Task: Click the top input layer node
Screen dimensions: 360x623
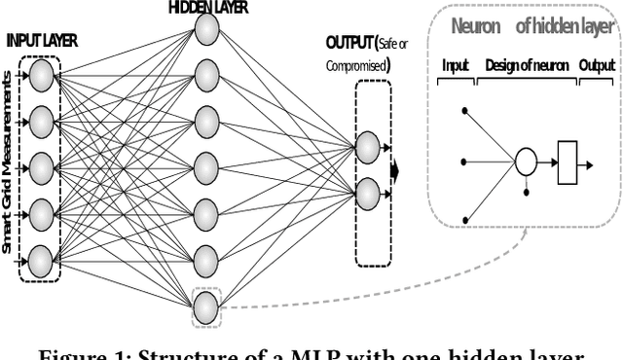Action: pyautogui.click(x=41, y=75)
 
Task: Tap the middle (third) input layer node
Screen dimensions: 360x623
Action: pyautogui.click(x=41, y=166)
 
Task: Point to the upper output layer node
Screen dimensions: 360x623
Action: pyautogui.click(x=367, y=147)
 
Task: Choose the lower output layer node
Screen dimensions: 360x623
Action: pyautogui.click(x=367, y=192)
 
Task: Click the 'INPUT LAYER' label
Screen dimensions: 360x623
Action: pyautogui.click(x=42, y=42)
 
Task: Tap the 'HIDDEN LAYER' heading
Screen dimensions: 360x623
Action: pyautogui.click(x=207, y=7)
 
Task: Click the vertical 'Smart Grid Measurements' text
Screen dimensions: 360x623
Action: pyautogui.click(x=9, y=166)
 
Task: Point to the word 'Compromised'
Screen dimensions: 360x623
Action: pyautogui.click(x=354, y=66)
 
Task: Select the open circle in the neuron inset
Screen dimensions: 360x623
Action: pyautogui.click(x=526, y=161)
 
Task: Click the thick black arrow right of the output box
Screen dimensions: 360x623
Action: pyautogui.click(x=394, y=171)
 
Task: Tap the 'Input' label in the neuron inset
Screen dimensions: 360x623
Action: pyautogui.click(x=455, y=65)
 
